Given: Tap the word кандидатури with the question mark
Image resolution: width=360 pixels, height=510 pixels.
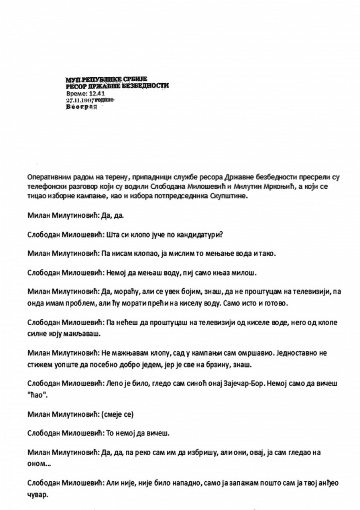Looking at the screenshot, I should (200, 235).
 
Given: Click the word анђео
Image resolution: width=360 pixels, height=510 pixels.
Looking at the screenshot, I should (328, 483).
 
